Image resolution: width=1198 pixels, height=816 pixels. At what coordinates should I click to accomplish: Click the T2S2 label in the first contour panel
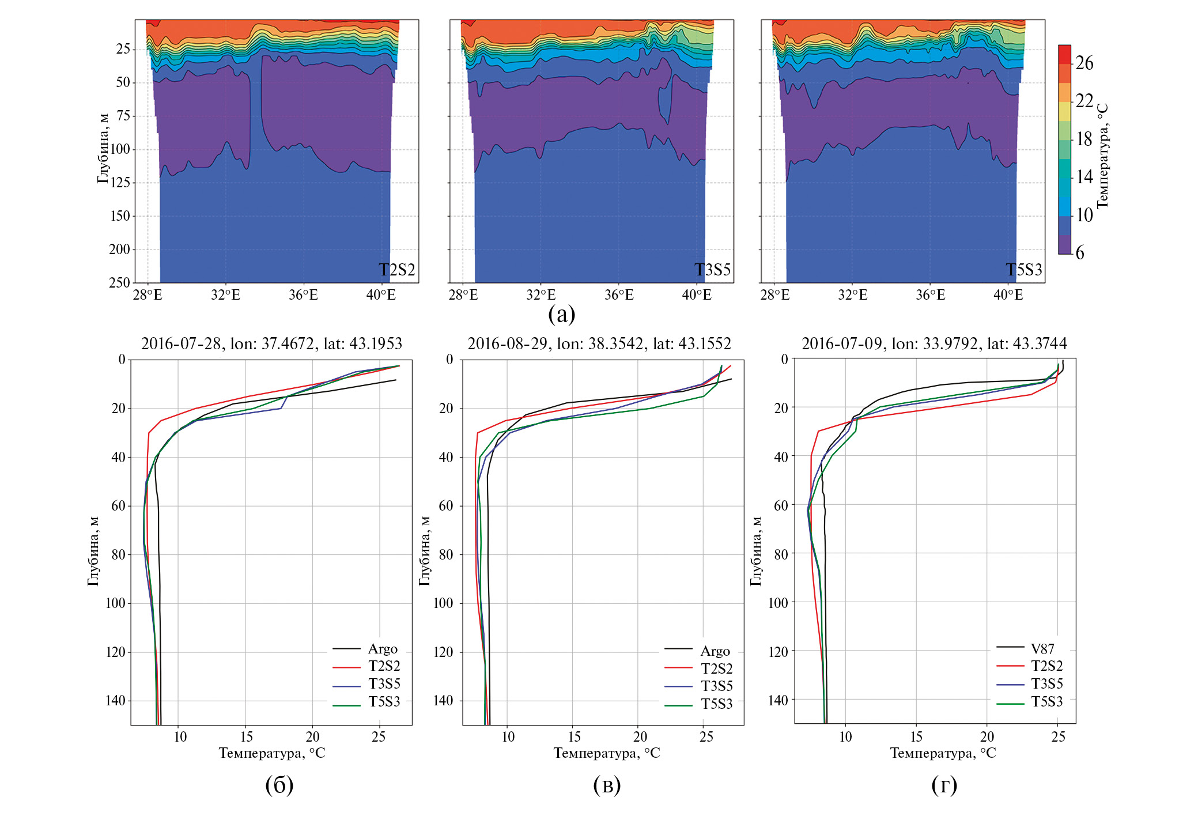[x=396, y=270]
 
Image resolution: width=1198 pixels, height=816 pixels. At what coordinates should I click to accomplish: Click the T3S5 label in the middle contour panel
[x=712, y=270]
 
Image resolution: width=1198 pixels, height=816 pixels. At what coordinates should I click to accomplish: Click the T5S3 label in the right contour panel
[x=1024, y=270]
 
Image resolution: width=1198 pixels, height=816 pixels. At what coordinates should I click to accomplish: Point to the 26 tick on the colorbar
[x=1084, y=63]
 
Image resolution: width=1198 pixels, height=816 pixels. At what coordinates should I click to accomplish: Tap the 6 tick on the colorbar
[x=1080, y=252]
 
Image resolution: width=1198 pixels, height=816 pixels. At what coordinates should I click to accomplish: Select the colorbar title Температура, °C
[x=1102, y=156]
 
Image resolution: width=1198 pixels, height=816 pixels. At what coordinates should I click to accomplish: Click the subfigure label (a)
[x=561, y=314]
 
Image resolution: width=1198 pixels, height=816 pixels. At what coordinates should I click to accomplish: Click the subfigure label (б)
[x=279, y=785]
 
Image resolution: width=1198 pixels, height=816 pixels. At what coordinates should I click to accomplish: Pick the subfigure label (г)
[x=944, y=785]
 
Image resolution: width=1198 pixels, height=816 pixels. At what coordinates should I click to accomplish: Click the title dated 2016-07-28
[x=271, y=344]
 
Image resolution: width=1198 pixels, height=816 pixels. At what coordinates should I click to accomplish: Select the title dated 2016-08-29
[x=599, y=344]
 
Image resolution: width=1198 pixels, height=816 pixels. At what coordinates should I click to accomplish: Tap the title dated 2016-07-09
[x=934, y=344]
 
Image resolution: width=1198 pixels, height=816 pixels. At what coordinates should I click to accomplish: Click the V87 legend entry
[x=1042, y=648]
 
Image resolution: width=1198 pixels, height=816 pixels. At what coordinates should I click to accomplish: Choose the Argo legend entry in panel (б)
[x=383, y=649]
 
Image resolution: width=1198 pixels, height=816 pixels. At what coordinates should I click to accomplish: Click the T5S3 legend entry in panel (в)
[x=716, y=704]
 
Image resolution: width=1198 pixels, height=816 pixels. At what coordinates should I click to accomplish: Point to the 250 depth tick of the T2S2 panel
[x=120, y=282]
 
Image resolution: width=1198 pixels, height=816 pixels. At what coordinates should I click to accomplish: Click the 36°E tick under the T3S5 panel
[x=618, y=295]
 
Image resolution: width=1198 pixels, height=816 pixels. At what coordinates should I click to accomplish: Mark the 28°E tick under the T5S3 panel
[x=774, y=295]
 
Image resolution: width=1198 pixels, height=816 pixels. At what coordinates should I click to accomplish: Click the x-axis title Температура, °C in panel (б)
[x=271, y=753]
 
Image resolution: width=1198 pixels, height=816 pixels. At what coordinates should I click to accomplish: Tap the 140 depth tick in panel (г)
[x=778, y=700]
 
